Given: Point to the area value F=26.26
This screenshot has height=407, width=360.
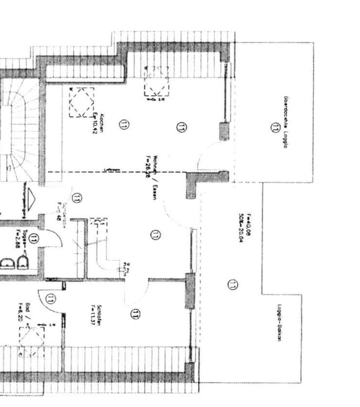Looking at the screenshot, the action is [x=148, y=166].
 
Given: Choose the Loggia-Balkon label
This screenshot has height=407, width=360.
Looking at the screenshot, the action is [x=280, y=323].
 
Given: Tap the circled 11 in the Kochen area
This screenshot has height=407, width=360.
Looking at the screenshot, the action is [x=124, y=125].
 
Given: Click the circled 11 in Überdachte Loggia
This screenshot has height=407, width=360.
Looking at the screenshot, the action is [x=276, y=127].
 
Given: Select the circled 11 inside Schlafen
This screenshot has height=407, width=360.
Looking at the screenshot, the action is [x=135, y=314].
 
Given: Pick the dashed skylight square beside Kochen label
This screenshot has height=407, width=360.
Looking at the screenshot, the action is [x=81, y=103].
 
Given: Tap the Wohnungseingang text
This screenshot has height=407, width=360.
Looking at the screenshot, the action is [x=25, y=201].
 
